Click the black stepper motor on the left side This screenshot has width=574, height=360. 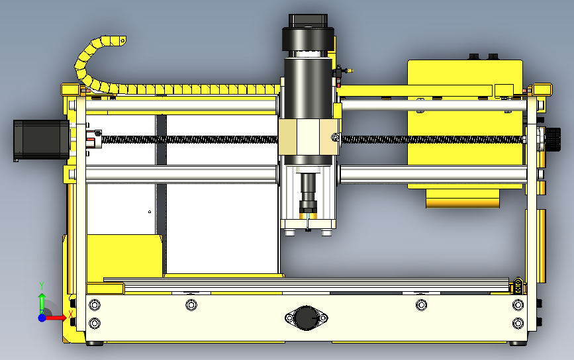tap(41, 140)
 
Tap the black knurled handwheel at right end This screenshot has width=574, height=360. tap(553, 139)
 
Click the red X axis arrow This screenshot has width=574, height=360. tap(56, 318)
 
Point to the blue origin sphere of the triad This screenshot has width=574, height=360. tap(42, 318)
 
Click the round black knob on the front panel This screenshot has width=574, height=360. tap(306, 318)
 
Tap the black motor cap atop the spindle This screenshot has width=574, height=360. tap(308, 39)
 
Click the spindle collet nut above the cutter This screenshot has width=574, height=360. tap(309, 206)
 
